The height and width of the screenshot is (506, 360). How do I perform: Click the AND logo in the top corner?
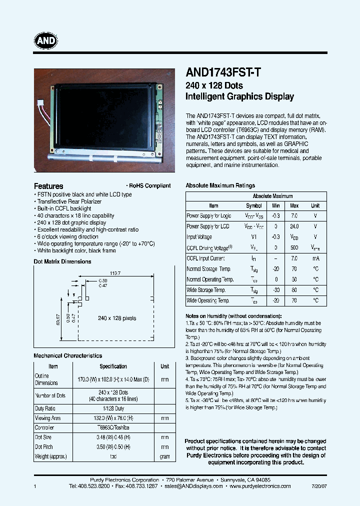click(45, 40)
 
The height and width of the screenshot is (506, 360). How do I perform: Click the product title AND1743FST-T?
click(223, 72)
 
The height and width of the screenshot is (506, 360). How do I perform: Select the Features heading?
click(48, 186)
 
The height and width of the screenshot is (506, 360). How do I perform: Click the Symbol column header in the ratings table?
click(253, 205)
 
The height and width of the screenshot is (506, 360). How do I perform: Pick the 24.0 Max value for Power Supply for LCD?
click(294, 226)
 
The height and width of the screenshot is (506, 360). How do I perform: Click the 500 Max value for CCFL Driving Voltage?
click(294, 248)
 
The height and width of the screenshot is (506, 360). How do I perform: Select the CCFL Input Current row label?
click(205, 258)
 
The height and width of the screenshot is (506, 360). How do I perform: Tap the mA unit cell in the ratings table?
click(315, 258)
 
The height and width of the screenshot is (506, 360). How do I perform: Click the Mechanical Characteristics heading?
click(68, 356)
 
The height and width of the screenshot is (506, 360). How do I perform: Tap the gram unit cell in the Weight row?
click(164, 456)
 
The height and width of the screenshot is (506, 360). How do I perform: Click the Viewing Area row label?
click(48, 418)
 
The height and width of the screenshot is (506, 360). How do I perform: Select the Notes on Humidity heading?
click(233, 316)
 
